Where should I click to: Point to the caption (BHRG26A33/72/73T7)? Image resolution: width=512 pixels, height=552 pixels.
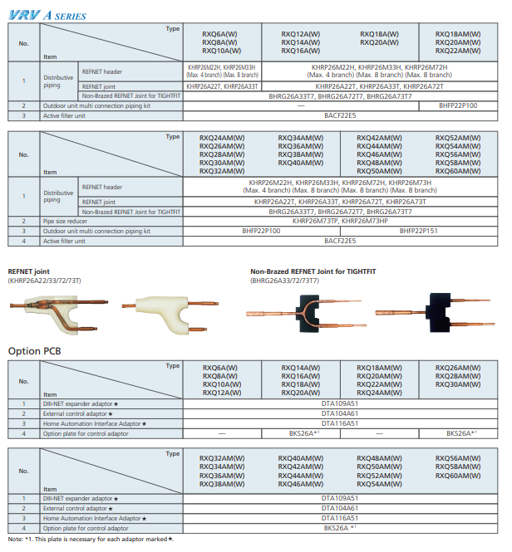point(291,281)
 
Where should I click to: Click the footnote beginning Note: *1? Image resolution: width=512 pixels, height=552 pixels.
point(91,540)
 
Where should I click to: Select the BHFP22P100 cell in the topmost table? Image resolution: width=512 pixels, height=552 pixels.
point(458,106)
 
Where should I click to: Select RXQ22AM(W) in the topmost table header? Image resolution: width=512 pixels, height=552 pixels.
point(457,50)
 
